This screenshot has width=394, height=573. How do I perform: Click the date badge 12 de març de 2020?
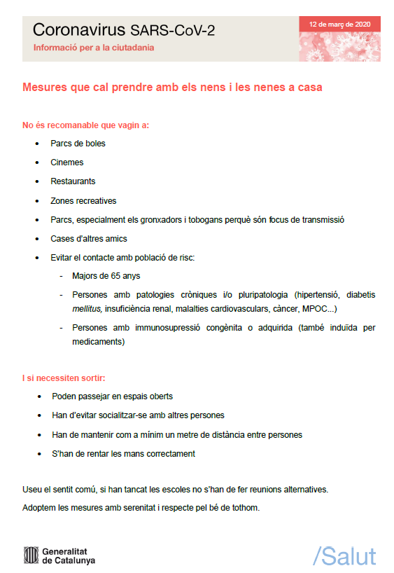339,24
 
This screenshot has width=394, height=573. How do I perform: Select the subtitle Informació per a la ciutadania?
94,48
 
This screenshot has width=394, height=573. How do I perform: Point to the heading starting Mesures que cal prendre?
172,88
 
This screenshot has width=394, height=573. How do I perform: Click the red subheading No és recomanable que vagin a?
85,126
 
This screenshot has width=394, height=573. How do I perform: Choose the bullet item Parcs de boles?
78,144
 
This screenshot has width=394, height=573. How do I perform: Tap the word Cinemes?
67,163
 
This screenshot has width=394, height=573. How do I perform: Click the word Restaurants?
73,181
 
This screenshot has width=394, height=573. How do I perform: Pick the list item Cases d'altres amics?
88,239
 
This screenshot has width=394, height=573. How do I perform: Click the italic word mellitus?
87,309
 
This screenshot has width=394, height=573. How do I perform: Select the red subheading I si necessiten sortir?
64,378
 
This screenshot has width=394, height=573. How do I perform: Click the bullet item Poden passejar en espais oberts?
112,396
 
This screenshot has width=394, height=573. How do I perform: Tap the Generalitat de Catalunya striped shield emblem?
31,555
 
